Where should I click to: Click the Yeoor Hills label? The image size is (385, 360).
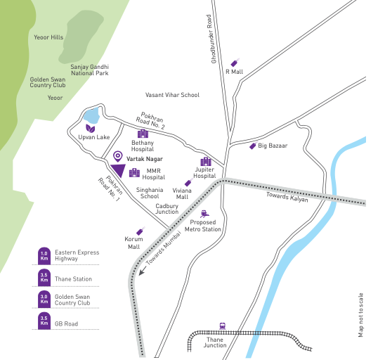tap(48, 37)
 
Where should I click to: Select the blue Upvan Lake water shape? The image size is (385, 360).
tap(91, 116)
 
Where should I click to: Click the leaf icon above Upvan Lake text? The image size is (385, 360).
tap(90, 129)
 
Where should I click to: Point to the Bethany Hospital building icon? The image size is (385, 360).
tap(143, 133)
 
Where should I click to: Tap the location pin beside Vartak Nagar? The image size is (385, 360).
tap(117, 156)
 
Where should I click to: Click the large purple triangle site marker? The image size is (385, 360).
tap(117, 170)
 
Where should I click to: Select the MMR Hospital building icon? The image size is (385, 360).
tap(133, 173)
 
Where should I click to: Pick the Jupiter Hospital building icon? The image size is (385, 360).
tap(205, 161)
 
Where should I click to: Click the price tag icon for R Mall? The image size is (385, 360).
tap(235, 63)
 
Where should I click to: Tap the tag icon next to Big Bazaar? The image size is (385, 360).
tap(253, 146)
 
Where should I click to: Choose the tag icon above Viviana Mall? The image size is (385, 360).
tap(188, 183)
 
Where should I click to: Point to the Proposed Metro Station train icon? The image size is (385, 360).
tap(204, 213)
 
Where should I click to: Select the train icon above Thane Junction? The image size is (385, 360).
tap(223, 326)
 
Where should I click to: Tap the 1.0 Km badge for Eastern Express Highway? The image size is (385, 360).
tap(44, 255)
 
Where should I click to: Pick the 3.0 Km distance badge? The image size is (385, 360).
tap(44, 300)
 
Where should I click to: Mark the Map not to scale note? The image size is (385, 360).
tap(361, 316)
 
